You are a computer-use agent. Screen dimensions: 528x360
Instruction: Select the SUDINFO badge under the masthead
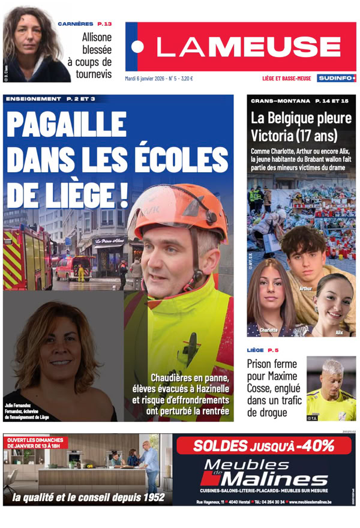tap(337, 78)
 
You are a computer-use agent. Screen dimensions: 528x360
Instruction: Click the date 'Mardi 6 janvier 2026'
tap(144, 78)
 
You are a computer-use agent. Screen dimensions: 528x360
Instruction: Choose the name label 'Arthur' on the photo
tap(305, 289)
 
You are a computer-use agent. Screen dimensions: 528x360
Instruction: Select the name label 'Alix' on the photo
tap(339, 331)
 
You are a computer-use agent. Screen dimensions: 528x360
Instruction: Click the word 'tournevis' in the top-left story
tap(94, 74)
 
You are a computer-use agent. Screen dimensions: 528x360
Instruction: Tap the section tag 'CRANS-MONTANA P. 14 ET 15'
tap(299, 100)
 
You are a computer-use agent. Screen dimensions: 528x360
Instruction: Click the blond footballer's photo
tap(331, 388)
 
